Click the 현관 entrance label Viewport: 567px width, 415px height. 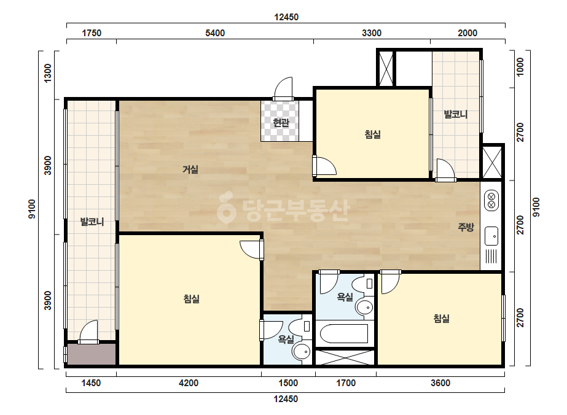[281, 123]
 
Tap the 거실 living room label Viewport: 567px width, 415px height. [190, 169]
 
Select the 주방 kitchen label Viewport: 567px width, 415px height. [466, 227]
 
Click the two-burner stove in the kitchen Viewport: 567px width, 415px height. [491, 201]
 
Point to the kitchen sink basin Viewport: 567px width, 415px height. [491, 236]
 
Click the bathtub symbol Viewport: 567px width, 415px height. [343, 333]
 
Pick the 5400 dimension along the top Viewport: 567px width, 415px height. [215, 33]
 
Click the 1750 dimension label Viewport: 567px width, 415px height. [92, 33]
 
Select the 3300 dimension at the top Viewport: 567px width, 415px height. [372, 33]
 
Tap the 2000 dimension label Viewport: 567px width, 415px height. [467, 33]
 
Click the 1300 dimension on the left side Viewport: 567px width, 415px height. [48, 74]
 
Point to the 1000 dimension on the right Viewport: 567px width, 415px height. [520, 67]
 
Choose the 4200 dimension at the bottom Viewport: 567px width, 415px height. [189, 383]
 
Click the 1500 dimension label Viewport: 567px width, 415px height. [288, 383]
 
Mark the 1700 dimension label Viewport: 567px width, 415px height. [346, 383]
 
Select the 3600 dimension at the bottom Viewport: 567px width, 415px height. [440, 383]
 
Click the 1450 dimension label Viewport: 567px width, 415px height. [91, 383]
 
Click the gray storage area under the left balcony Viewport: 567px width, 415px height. [92, 354]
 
